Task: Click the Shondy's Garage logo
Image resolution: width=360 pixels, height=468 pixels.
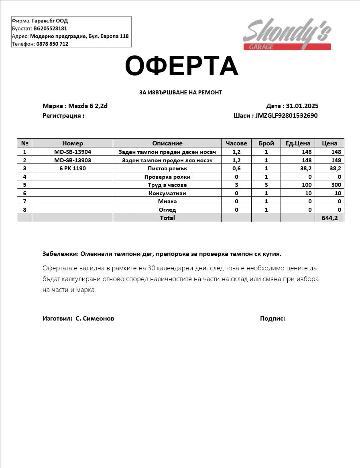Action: click(x=287, y=35)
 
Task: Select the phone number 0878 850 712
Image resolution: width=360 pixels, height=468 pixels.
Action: click(x=52, y=44)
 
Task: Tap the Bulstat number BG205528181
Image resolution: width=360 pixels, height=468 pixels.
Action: click(x=50, y=29)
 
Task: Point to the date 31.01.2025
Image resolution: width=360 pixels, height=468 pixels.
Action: click(x=302, y=106)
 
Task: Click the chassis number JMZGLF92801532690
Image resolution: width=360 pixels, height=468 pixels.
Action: click(x=287, y=116)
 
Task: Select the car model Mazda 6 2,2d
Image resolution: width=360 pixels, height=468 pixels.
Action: click(x=88, y=106)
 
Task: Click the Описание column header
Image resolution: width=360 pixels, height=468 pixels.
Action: click(x=167, y=143)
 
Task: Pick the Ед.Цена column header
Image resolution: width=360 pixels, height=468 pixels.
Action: click(x=298, y=143)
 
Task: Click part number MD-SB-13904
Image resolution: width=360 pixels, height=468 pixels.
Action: click(x=73, y=152)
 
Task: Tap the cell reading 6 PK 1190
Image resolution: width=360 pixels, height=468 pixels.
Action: click(x=73, y=168)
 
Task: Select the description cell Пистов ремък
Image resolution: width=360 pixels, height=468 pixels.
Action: click(x=167, y=168)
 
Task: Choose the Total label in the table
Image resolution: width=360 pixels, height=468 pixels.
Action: click(x=167, y=218)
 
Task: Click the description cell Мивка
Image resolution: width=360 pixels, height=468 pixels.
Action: click(x=167, y=201)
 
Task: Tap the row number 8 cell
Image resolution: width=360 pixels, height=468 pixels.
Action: click(x=24, y=209)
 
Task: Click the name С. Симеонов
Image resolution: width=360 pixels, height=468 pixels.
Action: click(x=95, y=318)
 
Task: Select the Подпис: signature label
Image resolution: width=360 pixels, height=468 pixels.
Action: click(x=273, y=318)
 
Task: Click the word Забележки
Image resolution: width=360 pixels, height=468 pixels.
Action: click(x=60, y=254)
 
